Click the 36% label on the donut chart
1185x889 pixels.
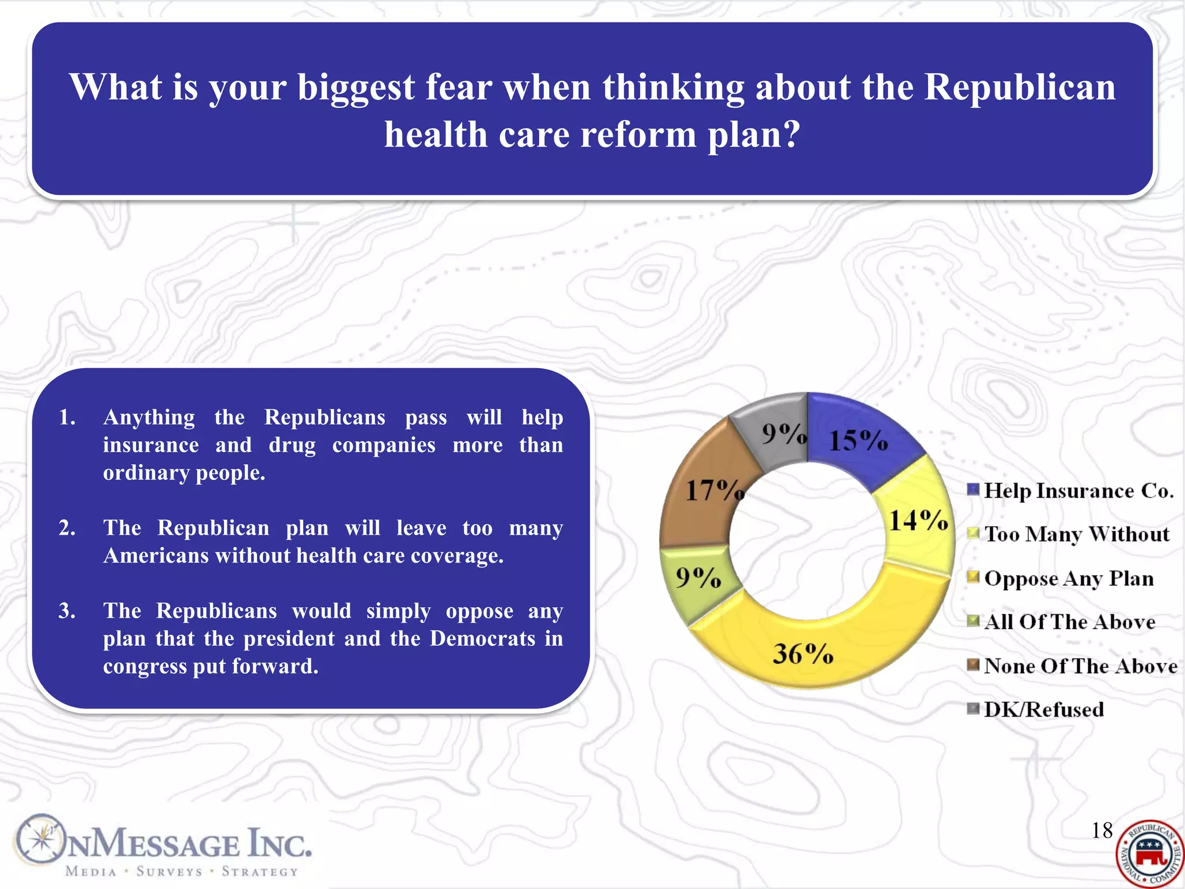803,654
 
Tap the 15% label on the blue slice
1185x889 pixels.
858,440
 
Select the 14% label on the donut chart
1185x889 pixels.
918,520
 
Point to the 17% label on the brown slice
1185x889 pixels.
714,490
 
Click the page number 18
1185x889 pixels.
1102,831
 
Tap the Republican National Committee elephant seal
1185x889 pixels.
1149,854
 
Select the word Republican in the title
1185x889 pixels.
1020,87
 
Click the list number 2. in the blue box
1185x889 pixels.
67,528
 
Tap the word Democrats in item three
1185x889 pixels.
483,638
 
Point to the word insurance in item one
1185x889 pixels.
150,445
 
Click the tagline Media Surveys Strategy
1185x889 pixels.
182,872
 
